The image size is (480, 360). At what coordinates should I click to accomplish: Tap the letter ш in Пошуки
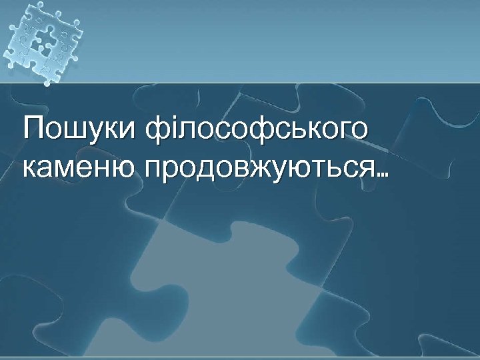pos(75,131)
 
